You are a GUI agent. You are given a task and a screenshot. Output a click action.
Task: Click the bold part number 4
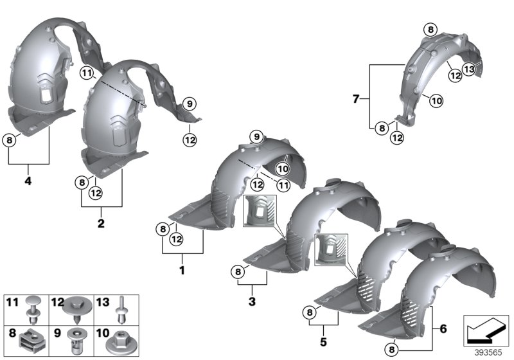(x=28, y=181)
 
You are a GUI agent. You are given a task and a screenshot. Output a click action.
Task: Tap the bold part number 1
(x=182, y=271)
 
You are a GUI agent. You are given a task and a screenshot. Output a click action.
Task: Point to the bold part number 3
(x=252, y=301)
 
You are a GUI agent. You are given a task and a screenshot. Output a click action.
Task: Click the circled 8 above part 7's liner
(x=430, y=28)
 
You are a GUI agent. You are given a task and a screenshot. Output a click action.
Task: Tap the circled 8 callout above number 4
(x=9, y=139)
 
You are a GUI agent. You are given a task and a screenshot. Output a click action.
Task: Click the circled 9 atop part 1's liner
(x=255, y=136)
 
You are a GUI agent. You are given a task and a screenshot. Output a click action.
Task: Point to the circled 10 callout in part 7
(x=435, y=100)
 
